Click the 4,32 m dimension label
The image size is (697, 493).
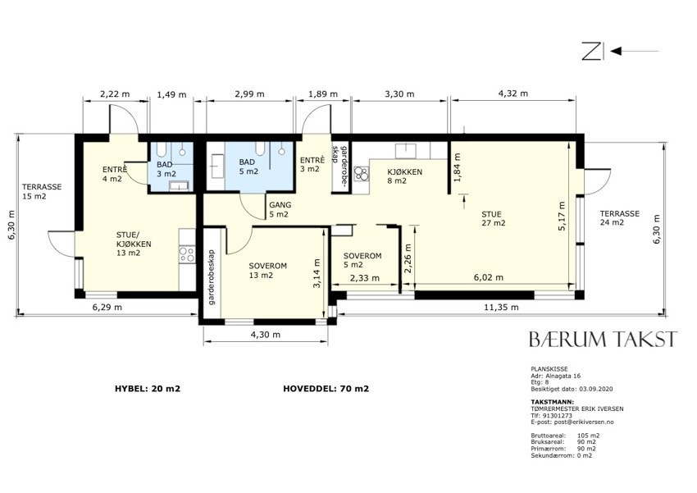tap(513, 94)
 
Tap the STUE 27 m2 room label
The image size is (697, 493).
tap(494, 219)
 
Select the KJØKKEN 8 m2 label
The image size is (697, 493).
tap(404, 176)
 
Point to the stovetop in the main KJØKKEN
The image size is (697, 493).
tap(362, 173)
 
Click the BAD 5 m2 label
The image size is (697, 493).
tap(248, 167)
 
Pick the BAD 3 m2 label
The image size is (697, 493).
tap(166, 169)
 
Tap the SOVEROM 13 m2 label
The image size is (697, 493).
tap(267, 270)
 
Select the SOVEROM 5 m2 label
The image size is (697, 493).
tap(362, 261)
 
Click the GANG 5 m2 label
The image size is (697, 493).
tap(280, 209)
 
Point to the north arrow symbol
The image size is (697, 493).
tap(620, 51)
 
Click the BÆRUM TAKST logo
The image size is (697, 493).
tap(604, 339)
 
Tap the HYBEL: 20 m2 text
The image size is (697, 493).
tap(148, 389)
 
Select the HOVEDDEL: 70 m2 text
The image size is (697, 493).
tap(326, 389)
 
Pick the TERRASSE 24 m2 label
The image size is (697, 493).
tap(619, 218)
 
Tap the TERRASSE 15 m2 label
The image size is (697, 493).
tap(42, 192)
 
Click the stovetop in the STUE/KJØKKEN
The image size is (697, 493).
tap(187, 254)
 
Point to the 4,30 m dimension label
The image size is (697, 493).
tap(266, 335)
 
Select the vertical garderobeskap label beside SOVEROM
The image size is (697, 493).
tap(212, 276)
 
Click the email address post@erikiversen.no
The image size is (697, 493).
tap(572, 422)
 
